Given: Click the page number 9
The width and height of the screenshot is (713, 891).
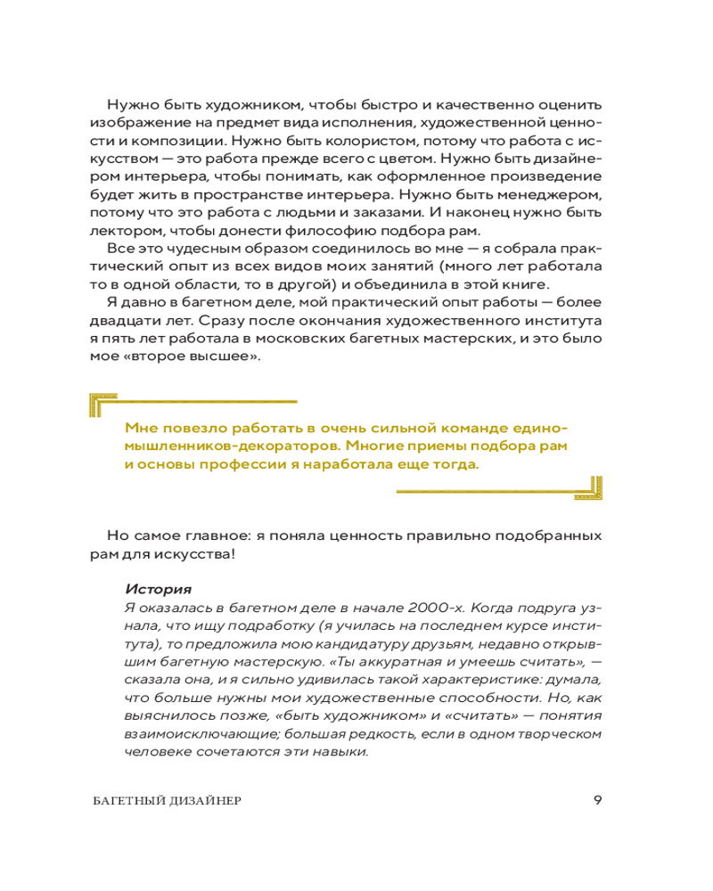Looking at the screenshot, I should pyautogui.click(x=597, y=799).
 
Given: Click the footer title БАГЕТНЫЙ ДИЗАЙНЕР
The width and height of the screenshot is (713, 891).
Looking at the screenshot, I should pyautogui.click(x=167, y=800).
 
